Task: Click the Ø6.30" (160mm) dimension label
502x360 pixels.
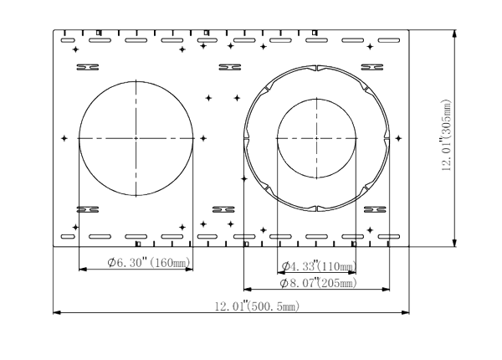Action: pyautogui.click(x=149, y=263)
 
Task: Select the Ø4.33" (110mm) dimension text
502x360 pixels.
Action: pyautogui.click(x=319, y=266)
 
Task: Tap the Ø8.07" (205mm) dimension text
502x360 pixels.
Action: pyautogui.click(x=318, y=283)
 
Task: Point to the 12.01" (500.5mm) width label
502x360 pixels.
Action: pyautogui.click(x=257, y=306)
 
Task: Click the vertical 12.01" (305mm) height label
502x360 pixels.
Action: pyautogui.click(x=446, y=135)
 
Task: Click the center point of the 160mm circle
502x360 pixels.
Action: pyautogui.click(x=136, y=138)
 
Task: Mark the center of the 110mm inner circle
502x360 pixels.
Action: pyautogui.click(x=316, y=138)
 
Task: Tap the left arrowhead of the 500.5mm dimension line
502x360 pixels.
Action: pyautogui.click(x=57, y=312)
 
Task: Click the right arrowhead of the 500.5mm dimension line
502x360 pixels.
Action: pyautogui.click(x=405, y=312)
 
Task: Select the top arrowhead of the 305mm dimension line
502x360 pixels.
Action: pyautogui.click(x=454, y=34)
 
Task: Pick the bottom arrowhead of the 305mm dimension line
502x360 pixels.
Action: pyautogui.click(x=454, y=243)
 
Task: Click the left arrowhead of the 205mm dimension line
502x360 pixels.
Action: pyautogui.click(x=248, y=289)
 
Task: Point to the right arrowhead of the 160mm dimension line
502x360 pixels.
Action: pyautogui.click(x=189, y=270)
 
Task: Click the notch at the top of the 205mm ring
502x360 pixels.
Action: pyautogui.click(x=316, y=68)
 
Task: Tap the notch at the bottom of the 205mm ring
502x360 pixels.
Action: pyautogui.click(x=316, y=208)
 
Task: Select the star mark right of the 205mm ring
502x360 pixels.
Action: pyautogui.click(x=398, y=138)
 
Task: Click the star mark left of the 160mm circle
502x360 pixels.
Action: pyautogui.click(x=64, y=138)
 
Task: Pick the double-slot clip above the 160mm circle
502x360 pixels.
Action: pyautogui.click(x=88, y=67)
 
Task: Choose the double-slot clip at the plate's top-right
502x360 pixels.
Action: pyautogui.click(x=372, y=67)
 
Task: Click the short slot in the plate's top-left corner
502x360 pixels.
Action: pyautogui.click(x=68, y=40)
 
